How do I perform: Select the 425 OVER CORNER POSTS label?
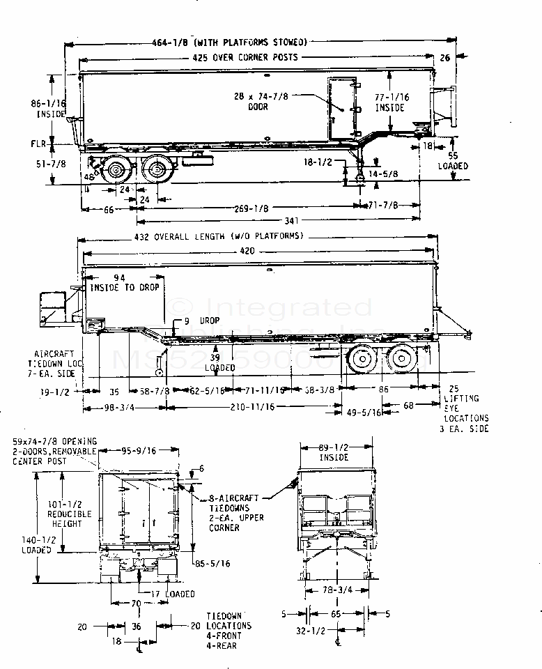pos(245,57)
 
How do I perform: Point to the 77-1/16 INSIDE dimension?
pos(390,102)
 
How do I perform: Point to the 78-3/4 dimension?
pos(337,589)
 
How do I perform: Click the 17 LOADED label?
pos(172,594)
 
